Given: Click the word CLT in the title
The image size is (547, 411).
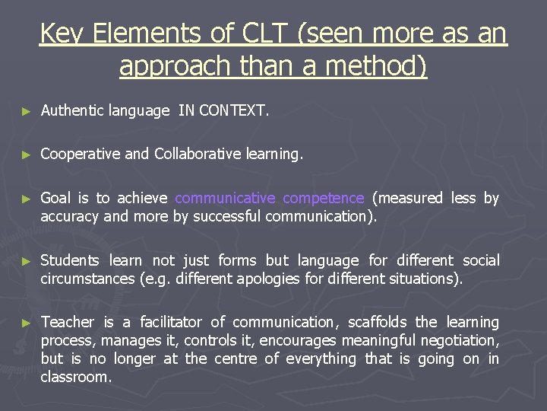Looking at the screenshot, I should point(267,33).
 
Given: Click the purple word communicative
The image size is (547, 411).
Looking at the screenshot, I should point(225,199).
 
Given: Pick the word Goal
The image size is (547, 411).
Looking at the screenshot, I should point(55,199).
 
